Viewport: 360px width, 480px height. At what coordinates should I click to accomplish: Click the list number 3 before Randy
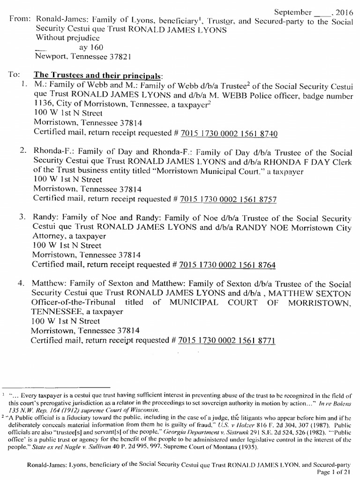(x=22, y=218)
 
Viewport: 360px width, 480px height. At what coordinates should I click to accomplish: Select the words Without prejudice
(x=66, y=38)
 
